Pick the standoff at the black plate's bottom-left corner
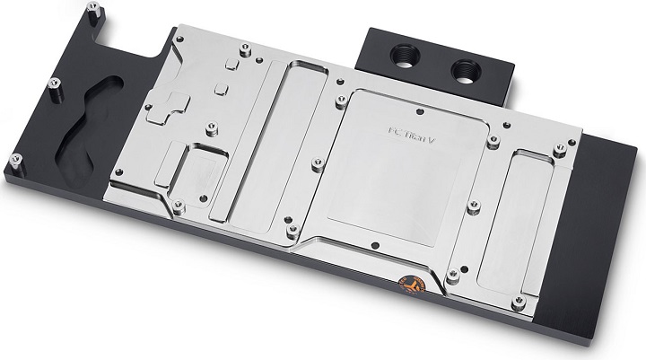(x=16, y=162)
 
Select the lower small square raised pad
(x=220, y=90)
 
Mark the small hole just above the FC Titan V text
(x=420, y=113)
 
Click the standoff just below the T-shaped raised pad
(x=211, y=131)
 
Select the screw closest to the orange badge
(x=453, y=275)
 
